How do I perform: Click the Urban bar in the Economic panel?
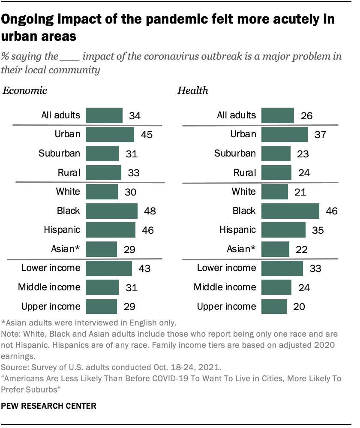pyautogui.click(x=110, y=134)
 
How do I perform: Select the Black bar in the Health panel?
pyautogui.click(x=290, y=211)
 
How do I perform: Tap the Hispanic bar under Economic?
pyautogui.click(x=111, y=229)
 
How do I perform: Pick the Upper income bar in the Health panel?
pyautogui.click(x=274, y=306)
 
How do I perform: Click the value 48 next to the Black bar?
pyautogui.click(x=150, y=211)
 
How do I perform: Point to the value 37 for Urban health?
pyautogui.click(x=320, y=135)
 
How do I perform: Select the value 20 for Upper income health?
pyautogui.click(x=299, y=307)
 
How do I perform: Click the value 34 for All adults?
pyautogui.click(x=134, y=116)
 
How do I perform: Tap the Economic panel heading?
pyautogui.click(x=25, y=90)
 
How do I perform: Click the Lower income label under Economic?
pyautogui.click(x=51, y=268)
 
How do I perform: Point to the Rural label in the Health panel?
pyautogui.click(x=245, y=172)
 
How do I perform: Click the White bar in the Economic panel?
pyautogui.click(x=102, y=192)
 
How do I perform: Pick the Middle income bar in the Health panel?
pyautogui.click(x=276, y=287)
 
